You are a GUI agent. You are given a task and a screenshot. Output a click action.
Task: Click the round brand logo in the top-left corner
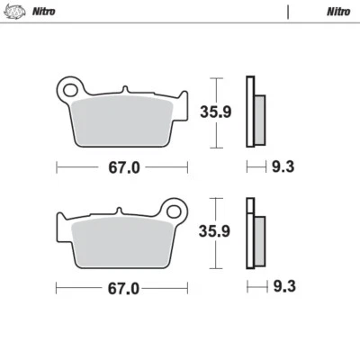coord(14,12)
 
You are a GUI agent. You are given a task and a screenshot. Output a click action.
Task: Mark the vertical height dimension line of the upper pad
coord(212,112)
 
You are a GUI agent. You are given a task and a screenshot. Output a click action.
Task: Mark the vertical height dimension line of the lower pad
coord(212,232)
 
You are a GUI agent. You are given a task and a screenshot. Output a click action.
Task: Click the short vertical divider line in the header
coord(288,12)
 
